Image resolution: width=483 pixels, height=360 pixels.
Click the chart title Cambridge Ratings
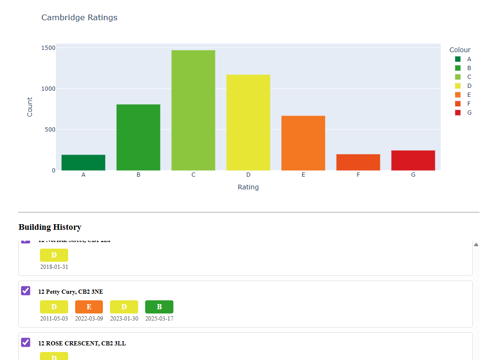pyautogui.click(x=79, y=18)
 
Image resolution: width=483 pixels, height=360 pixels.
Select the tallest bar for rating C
pyautogui.click(x=193, y=110)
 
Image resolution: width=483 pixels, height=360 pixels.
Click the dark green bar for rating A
pyautogui.click(x=83, y=163)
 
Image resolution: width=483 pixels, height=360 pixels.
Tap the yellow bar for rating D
pyautogui.click(x=248, y=123)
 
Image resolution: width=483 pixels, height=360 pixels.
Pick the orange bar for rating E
pyautogui.click(x=303, y=143)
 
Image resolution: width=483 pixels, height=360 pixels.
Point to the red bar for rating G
pyautogui.click(x=413, y=160)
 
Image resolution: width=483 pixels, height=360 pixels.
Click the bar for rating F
pyautogui.click(x=358, y=162)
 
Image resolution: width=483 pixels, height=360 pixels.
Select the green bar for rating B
pyautogui.click(x=138, y=137)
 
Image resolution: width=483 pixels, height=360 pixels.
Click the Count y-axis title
pyautogui.click(x=30, y=107)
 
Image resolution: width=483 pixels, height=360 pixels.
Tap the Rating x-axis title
pyautogui.click(x=248, y=187)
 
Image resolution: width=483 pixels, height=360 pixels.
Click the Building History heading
pyautogui.click(x=50, y=227)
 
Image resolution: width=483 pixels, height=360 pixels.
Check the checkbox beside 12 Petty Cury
pyautogui.click(x=26, y=291)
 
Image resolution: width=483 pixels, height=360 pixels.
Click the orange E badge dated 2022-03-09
pyautogui.click(x=89, y=307)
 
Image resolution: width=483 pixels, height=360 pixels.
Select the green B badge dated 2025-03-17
pyautogui.click(x=159, y=307)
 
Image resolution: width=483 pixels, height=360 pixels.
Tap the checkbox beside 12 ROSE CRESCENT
pyautogui.click(x=26, y=343)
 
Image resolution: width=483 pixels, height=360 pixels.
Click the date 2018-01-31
pyautogui.click(x=54, y=267)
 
